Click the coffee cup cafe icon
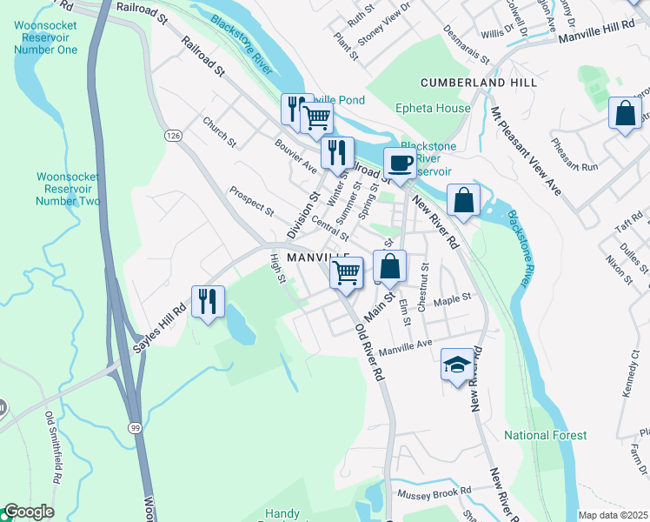tap(400, 163)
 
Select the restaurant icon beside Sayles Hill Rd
tap(208, 302)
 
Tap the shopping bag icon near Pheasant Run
tap(625, 113)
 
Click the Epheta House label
tap(433, 109)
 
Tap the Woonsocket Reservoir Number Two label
tap(68, 189)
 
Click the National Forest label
tap(546, 435)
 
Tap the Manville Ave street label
tap(406, 345)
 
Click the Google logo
tap(28, 512)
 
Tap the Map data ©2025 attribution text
tap(613, 515)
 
